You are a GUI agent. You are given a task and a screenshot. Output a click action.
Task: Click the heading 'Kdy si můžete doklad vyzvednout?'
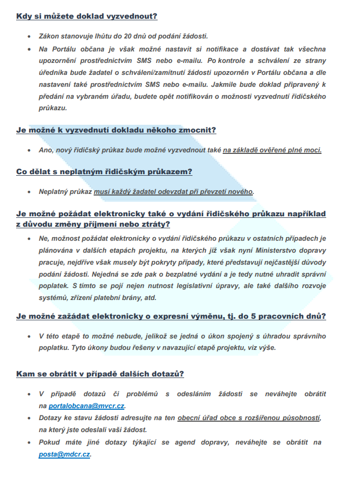[x=86, y=16]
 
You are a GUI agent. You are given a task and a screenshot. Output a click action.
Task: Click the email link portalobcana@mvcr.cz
[x=87, y=406]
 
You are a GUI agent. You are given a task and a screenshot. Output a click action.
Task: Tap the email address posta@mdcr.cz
[x=65, y=454]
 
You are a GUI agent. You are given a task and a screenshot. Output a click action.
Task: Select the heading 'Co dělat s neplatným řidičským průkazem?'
[x=105, y=172]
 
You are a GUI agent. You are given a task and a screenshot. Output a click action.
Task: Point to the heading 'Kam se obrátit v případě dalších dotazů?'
[x=100, y=374]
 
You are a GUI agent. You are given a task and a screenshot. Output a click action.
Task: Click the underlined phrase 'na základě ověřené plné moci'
[x=272, y=150]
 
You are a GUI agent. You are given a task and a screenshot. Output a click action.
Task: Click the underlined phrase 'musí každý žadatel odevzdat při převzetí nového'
[x=173, y=191]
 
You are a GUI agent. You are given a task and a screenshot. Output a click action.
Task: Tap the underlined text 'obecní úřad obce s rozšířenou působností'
[x=249, y=418]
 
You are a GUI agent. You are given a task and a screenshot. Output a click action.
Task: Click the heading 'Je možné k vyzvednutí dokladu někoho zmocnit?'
[x=116, y=130]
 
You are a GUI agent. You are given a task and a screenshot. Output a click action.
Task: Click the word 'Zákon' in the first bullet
[x=49, y=36]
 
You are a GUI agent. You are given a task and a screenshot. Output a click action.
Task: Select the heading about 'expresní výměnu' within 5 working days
[x=171, y=316]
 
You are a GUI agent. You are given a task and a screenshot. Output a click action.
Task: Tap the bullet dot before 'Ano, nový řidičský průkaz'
[x=29, y=150]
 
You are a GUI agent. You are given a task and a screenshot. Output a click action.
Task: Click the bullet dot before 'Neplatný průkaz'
[x=29, y=191]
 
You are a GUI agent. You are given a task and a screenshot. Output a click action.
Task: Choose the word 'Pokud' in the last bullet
[x=50, y=442]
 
